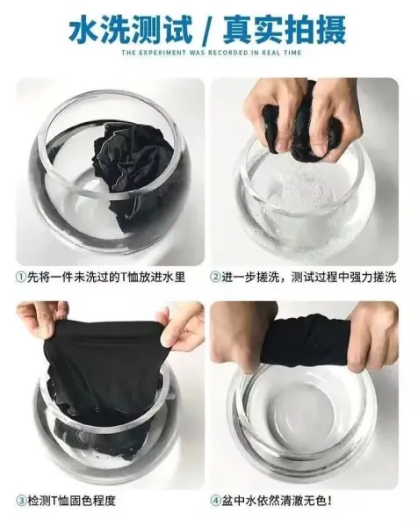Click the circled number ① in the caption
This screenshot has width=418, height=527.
coord(21,277)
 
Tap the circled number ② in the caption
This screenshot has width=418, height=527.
coord(215,277)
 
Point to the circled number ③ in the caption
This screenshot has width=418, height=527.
coord(21,501)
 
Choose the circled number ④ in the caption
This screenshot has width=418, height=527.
coord(215,501)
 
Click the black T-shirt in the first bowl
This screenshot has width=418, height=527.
coord(131,168)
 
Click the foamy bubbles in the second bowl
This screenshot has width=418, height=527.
coord(296,195)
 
